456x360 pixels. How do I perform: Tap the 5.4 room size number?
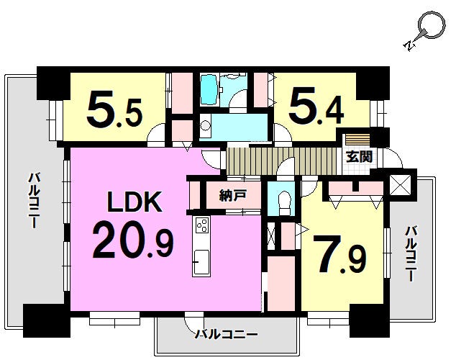click(316, 107)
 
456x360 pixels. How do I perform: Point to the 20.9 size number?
click(133, 242)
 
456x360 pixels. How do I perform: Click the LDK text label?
click(134, 202)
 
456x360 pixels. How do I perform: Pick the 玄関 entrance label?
click(359, 157)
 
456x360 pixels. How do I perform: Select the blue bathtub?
click(209, 91)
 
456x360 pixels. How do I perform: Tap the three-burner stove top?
click(201, 225)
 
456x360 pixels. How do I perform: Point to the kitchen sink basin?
click(201, 261)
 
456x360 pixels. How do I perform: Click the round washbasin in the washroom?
click(205, 126)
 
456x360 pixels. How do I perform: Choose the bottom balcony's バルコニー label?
click(226, 335)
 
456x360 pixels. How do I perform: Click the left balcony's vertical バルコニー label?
click(34, 200)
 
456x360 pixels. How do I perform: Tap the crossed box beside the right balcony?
click(400, 185)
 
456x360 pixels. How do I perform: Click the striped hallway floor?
click(281, 161)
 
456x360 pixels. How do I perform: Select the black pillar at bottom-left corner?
click(47, 320)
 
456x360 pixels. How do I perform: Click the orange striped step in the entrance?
click(357, 140)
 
